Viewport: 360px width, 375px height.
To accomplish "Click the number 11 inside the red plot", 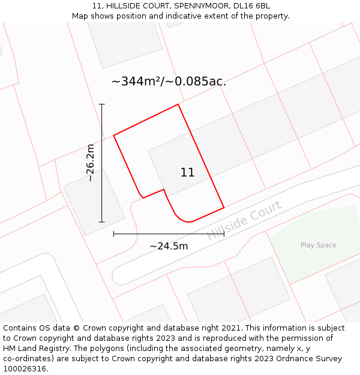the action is tap(187, 172).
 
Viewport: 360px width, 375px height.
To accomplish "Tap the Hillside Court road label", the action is tap(244, 220).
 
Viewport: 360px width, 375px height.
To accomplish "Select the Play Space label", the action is tap(318, 245).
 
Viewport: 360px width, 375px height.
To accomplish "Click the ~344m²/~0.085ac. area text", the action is tap(169, 82).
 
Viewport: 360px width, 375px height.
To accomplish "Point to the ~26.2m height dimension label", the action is tap(90, 163).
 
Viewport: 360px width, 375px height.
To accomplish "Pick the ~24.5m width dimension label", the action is tap(169, 246).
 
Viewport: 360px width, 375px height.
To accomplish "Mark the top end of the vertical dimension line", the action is tap(102, 104).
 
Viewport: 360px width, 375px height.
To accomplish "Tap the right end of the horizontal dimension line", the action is tap(224, 233).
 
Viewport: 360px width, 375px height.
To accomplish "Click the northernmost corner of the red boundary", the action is tap(178, 104).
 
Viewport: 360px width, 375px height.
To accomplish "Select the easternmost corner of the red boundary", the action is tap(224, 208).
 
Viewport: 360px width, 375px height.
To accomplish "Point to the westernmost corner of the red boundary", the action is tap(114, 135).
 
